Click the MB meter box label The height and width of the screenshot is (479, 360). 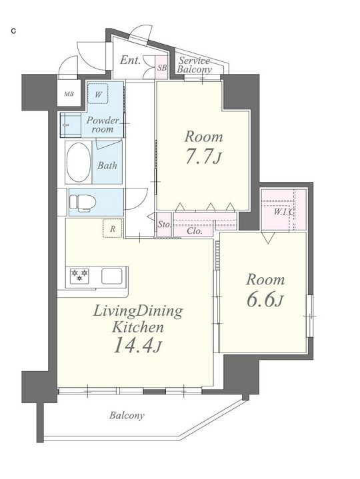pyautogui.click(x=69, y=95)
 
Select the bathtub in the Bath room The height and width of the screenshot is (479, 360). pyautogui.click(x=79, y=162)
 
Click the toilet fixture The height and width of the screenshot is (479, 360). pyautogui.click(x=83, y=202)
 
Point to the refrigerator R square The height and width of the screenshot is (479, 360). pyautogui.click(x=113, y=229)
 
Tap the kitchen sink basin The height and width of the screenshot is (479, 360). pyautogui.click(x=111, y=276)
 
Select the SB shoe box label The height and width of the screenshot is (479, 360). pyautogui.click(x=162, y=67)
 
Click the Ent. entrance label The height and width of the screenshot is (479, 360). pyautogui.click(x=130, y=60)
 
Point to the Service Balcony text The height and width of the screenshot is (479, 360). pyautogui.click(x=195, y=65)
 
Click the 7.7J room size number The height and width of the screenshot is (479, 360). pyautogui.click(x=203, y=157)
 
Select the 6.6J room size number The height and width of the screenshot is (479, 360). pyautogui.click(x=265, y=300)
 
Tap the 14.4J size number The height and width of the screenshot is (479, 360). pyautogui.click(x=137, y=346)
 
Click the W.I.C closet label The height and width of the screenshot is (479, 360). pyautogui.click(x=283, y=212)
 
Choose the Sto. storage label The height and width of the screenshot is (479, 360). pyautogui.click(x=164, y=225)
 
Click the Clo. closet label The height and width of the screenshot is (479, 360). pyautogui.click(x=195, y=231)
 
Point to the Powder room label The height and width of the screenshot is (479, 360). pyautogui.click(x=103, y=125)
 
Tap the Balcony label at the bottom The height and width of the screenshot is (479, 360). pyautogui.click(x=127, y=416)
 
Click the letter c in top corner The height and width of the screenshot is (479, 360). pyautogui.click(x=13, y=31)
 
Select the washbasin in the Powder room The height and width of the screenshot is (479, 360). pyautogui.click(x=71, y=125)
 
